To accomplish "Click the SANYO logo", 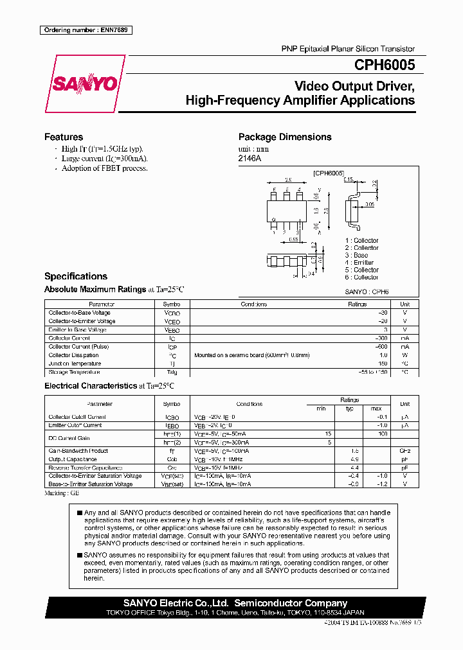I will point(84,84).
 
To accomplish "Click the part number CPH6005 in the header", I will point(384,65).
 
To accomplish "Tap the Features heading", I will point(64,137).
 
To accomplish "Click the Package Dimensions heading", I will point(285,137).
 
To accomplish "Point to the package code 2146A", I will point(250,159).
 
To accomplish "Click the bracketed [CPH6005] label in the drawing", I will point(329,173).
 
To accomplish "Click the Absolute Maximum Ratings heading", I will point(95,289).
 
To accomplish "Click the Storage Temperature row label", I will point(74,372).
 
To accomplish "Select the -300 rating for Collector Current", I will point(381,338).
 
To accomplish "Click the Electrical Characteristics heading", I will point(90,386).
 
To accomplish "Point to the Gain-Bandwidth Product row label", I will point(78,451).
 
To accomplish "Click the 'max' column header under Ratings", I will point(376,408).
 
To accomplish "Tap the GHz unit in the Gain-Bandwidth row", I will point(404,451).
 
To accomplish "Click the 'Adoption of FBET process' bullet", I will point(104,168).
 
